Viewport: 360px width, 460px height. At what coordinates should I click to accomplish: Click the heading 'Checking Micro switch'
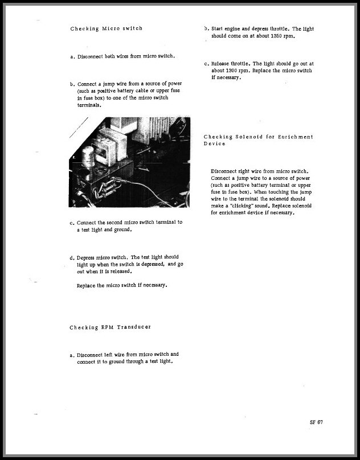(x=106, y=28)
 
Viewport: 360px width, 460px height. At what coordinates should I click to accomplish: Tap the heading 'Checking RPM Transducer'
(x=110, y=327)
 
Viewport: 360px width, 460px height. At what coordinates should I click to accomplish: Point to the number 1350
(x=275, y=36)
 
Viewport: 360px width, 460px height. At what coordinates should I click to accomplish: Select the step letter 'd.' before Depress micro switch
(x=72, y=258)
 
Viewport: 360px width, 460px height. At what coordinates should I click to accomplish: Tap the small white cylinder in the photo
(x=87, y=155)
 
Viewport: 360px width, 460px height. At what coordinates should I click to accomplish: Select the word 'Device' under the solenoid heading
(x=214, y=143)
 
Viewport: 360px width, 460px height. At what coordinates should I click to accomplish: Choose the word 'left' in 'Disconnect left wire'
(x=111, y=354)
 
